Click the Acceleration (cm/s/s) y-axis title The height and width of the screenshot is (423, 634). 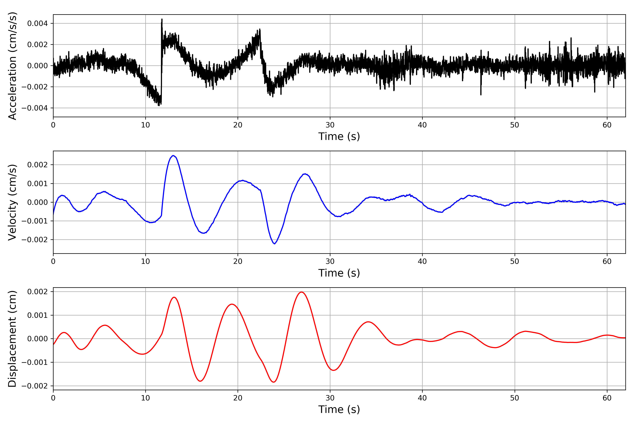pos(12,66)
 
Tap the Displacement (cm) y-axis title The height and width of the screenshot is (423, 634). pos(12,339)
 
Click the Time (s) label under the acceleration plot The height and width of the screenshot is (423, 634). pos(339,136)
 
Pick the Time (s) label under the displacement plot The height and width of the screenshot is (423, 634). pos(339,409)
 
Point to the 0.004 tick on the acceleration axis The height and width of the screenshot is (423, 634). pos(37,23)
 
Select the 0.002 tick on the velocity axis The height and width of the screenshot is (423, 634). pos(37,165)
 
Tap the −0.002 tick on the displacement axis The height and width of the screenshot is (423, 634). pos(35,386)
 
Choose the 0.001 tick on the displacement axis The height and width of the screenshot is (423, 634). pos(37,315)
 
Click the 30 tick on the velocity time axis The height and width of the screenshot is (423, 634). pos(330,261)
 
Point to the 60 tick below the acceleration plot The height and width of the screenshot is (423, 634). pos(607,125)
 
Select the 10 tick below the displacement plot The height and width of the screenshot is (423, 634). pos(146,398)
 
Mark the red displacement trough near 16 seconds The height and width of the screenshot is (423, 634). pos(200,381)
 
